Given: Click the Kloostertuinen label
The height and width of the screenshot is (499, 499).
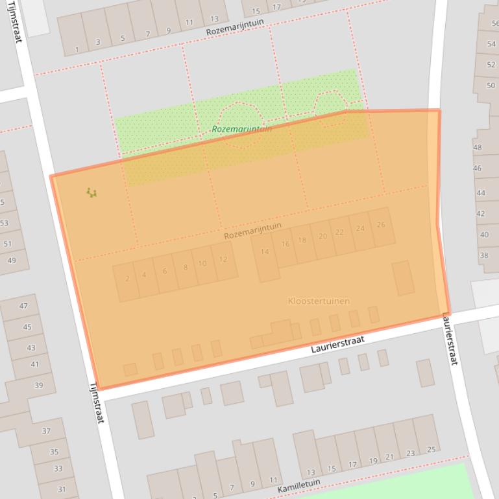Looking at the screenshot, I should pos(319,301).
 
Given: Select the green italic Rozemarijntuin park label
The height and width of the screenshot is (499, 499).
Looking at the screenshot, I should pos(242,129).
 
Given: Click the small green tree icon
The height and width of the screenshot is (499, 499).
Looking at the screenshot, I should pos(91,192).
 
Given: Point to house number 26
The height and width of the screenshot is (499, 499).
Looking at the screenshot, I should pos(381,225).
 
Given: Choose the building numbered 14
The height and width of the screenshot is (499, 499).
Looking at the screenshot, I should pos(265,252).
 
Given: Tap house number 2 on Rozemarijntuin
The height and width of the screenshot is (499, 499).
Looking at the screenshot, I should pos(127,279).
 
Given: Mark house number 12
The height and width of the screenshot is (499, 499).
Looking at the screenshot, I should pos(223,260).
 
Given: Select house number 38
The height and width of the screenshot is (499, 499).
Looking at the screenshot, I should pos(484,255).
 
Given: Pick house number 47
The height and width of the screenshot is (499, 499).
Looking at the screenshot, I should pos(24,306).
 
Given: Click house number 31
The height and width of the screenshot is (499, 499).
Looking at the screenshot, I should pos(62,489).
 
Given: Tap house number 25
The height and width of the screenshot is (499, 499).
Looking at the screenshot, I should pos(431,450).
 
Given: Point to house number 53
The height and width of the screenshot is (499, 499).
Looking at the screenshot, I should pos(5,223).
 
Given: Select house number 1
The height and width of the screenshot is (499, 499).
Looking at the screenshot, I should pos(77,49).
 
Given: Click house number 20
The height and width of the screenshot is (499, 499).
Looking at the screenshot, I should pos(323,237).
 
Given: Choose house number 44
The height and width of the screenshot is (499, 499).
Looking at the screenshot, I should pos(481,192).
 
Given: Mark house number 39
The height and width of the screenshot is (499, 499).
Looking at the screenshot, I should pos(38,386).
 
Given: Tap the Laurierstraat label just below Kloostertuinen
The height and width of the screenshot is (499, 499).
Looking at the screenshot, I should pos(337,345).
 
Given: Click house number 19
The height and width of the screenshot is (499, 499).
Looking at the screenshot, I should pos(373,461).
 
